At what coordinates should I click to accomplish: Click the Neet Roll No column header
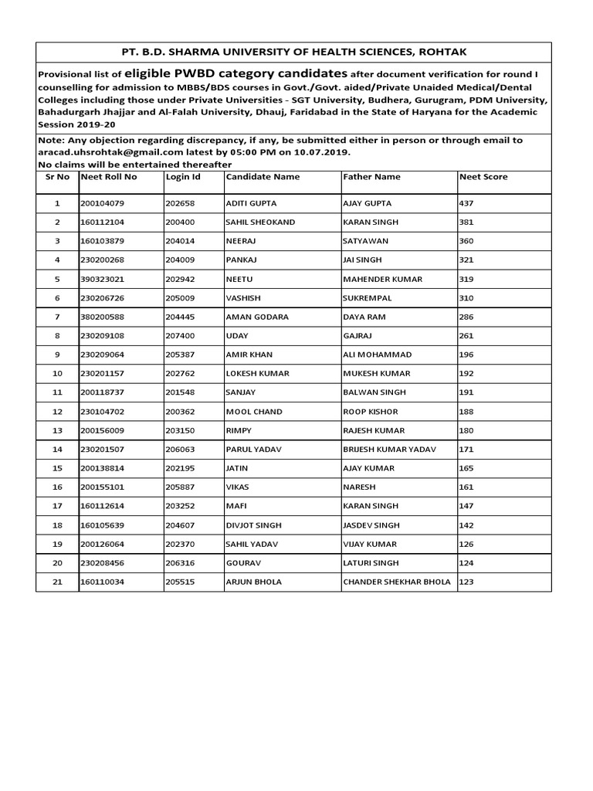(x=109, y=177)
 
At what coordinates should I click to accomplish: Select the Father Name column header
(x=371, y=177)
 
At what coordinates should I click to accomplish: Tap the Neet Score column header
(x=483, y=177)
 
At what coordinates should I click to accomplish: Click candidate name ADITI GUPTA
(x=250, y=203)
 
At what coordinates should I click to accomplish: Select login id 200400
(x=181, y=222)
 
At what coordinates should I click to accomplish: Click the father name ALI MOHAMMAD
(x=377, y=355)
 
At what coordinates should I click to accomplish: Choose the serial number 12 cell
(x=56, y=412)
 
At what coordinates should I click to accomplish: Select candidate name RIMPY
(x=238, y=430)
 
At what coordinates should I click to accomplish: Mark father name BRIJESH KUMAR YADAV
(x=389, y=450)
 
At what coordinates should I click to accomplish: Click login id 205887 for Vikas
(x=181, y=487)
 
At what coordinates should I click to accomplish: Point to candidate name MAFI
(x=236, y=506)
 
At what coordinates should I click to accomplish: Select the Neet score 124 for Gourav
(x=467, y=563)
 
